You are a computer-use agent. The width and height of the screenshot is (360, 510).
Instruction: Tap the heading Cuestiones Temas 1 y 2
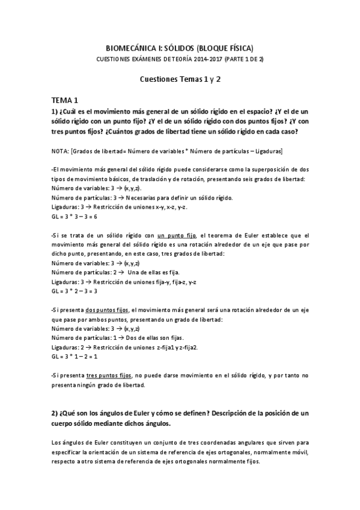coord(180,79)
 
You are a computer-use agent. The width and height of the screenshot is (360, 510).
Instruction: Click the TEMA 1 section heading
coord(64,100)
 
